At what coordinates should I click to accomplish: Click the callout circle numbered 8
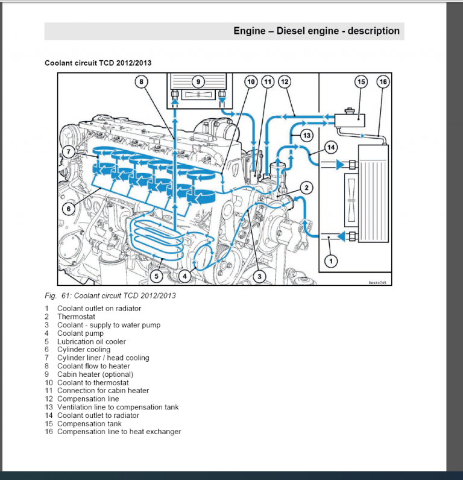point(140,82)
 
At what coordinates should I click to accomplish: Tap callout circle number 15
point(361,81)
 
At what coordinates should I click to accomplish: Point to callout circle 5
point(156,277)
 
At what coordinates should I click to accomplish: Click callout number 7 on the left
point(69,152)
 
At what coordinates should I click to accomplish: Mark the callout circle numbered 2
point(306,188)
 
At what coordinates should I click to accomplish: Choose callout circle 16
point(382,81)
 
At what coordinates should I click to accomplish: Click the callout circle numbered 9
point(197,82)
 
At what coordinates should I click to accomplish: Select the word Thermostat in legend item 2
point(76,317)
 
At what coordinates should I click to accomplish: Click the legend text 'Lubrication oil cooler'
point(92,341)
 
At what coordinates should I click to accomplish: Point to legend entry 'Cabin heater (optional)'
point(95,374)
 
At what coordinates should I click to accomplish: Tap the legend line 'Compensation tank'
point(89,423)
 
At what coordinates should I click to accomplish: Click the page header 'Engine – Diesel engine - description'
point(317,31)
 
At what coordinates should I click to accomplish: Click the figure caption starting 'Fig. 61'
point(110,295)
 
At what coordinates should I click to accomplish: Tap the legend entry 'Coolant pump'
point(80,333)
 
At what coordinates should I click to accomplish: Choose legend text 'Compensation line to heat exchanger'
point(119,431)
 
